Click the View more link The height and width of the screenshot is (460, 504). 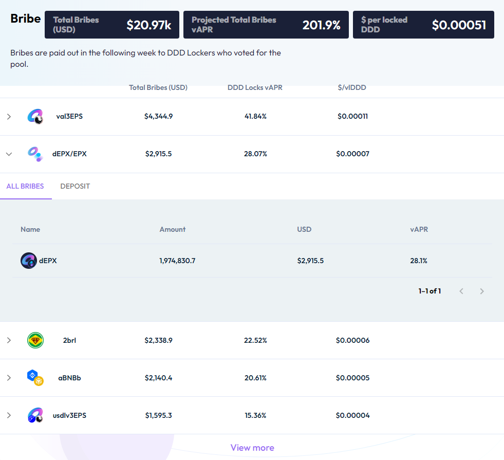(252, 448)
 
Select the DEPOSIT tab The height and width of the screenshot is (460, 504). (75, 186)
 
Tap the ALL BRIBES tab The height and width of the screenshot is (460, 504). (25, 186)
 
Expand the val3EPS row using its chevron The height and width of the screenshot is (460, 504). (9, 116)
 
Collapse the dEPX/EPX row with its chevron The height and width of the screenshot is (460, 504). (9, 154)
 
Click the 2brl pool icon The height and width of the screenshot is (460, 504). (35, 340)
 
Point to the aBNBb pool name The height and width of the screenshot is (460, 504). (69, 378)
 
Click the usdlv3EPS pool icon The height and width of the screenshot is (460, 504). (35, 415)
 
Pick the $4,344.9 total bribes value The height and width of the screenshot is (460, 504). (158, 116)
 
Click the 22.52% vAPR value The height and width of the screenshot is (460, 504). (255, 340)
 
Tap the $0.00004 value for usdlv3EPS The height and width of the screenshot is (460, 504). (352, 415)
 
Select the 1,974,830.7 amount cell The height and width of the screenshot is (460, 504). (177, 261)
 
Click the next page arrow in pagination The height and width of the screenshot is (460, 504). (482, 291)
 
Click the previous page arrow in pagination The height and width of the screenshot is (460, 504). (461, 291)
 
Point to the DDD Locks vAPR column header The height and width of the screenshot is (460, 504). (255, 87)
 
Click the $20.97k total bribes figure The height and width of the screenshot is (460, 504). (149, 25)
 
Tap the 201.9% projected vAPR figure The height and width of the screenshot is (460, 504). (322, 25)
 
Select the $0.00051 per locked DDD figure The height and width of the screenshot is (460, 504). (459, 25)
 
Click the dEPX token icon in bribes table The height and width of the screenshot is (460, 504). (29, 261)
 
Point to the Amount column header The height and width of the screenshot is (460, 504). (173, 229)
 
